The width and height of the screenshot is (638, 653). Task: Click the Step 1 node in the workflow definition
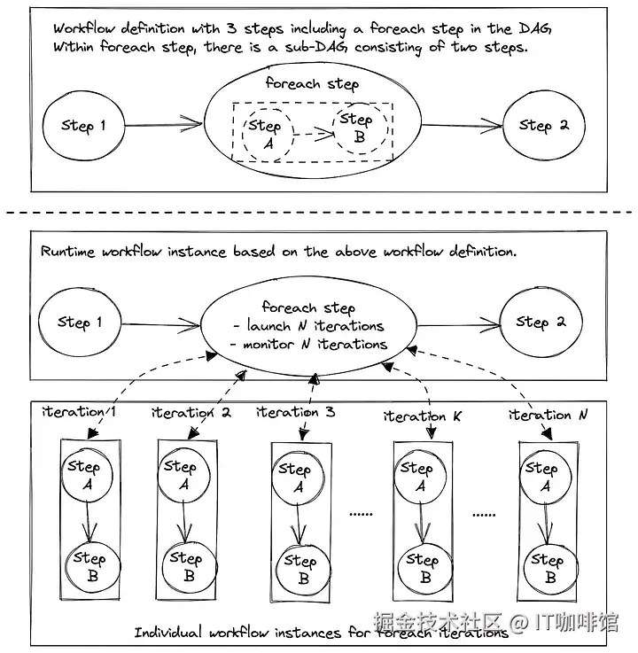point(82,126)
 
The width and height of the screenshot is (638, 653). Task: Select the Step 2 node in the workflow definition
point(543,125)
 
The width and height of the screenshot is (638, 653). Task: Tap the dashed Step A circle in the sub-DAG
point(264,135)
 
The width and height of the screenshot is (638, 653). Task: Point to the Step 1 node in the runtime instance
point(79,323)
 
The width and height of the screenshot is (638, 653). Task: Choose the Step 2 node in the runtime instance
point(541,323)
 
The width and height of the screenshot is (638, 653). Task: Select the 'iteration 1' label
point(80,412)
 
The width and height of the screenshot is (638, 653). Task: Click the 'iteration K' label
point(423,416)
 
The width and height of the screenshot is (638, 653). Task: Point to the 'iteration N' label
point(548,414)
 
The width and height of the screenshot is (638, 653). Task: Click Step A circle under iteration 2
point(183,476)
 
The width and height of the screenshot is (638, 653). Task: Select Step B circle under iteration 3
point(300,570)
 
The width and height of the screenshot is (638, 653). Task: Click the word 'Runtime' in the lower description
point(67,252)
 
